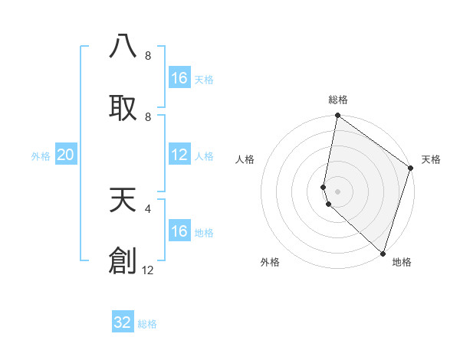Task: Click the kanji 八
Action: tap(123, 46)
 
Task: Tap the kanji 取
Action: tap(123, 108)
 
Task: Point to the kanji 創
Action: tap(123, 261)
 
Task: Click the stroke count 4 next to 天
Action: tap(148, 208)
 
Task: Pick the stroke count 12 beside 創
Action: tap(148, 270)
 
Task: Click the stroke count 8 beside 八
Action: tap(148, 55)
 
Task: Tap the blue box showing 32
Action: tap(123, 322)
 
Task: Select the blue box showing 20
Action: tap(65, 155)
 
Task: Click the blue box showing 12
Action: tap(179, 155)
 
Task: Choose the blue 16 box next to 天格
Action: tap(179, 78)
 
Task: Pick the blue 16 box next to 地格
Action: tap(179, 231)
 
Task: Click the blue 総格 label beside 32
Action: tap(148, 324)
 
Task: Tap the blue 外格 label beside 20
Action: tap(41, 156)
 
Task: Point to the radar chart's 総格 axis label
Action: tap(338, 100)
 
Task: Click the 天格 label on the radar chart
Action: tap(431, 159)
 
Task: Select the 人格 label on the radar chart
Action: tap(245, 159)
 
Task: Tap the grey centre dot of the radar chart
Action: tap(338, 191)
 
